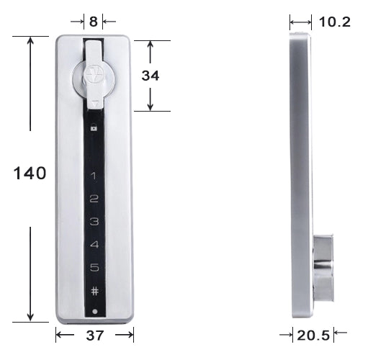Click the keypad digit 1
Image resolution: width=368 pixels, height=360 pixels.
click(94, 176)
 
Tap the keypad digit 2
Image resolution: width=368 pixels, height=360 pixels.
click(94, 199)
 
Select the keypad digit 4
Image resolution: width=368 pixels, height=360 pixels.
click(94, 245)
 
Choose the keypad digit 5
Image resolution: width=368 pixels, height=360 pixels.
click(94, 268)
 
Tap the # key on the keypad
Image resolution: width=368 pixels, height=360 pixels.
click(94, 291)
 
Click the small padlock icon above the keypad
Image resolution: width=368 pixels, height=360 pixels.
click(94, 127)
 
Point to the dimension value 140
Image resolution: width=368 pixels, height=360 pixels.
click(30, 173)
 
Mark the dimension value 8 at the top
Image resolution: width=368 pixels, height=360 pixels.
click(93, 22)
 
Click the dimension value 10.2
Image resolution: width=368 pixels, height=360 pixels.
click(334, 22)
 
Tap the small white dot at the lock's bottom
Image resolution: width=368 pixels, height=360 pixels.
click(94, 311)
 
